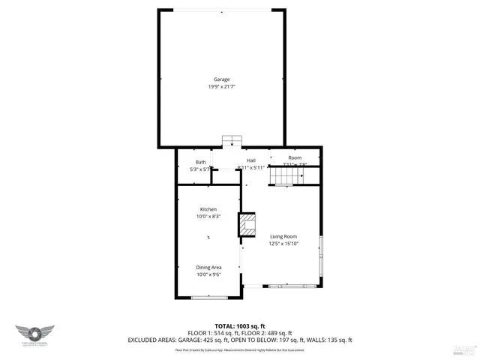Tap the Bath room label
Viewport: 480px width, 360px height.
(201, 162)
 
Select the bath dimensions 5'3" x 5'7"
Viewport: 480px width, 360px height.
(201, 169)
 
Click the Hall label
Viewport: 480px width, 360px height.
(251, 160)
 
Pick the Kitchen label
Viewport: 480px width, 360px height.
(208, 208)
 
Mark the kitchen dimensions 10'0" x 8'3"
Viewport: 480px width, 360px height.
(208, 216)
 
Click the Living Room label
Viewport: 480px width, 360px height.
(283, 236)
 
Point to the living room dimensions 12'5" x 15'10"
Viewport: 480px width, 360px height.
(283, 244)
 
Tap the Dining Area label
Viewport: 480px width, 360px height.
(208, 267)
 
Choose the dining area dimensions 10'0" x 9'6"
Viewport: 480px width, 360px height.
(208, 274)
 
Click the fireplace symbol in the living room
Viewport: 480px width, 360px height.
(247, 224)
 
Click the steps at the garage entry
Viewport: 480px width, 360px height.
(232, 141)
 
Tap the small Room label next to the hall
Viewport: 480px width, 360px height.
(295, 157)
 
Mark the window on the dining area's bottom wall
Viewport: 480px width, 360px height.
(204, 298)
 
